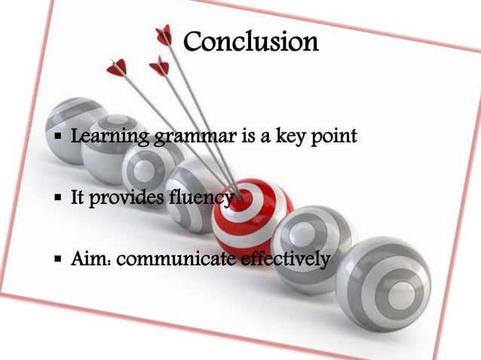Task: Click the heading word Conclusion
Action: pos(251,41)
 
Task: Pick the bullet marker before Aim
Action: pos(58,261)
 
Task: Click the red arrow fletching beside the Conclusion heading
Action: pos(164,34)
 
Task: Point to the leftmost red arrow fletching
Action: pos(117,68)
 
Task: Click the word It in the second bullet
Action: pos(78,200)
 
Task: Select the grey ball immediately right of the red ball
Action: pos(312,241)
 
